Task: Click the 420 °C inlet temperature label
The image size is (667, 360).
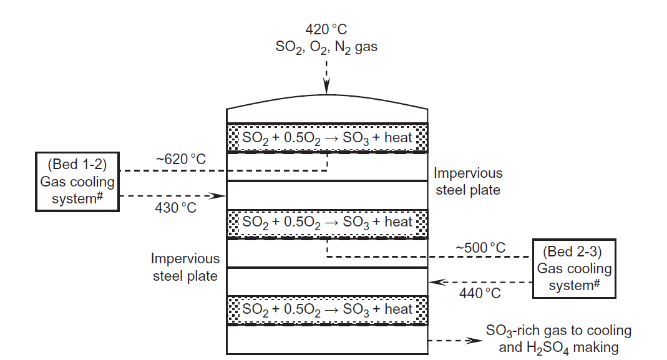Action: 326,29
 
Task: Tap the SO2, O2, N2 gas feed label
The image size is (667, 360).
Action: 326,47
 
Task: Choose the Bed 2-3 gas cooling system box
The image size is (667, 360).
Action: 574,268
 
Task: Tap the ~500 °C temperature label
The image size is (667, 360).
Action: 481,248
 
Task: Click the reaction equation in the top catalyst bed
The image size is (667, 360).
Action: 327,137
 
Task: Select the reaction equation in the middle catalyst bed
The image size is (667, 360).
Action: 327,222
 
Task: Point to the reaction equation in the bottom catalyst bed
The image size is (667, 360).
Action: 327,309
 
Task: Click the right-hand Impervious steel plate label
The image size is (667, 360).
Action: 468,182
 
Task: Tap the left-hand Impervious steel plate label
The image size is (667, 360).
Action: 185,266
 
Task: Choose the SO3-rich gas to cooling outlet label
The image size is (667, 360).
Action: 558,339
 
